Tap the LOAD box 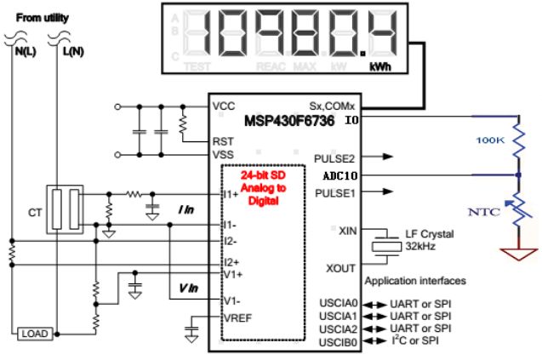[x=34, y=333]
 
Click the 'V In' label [x=190, y=289]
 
